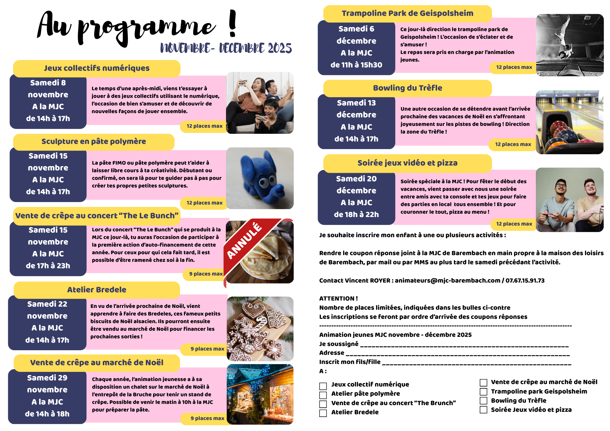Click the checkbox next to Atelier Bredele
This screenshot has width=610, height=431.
click(x=323, y=413)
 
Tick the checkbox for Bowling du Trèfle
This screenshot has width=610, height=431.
click(x=483, y=401)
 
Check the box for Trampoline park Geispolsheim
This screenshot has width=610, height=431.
click(x=483, y=391)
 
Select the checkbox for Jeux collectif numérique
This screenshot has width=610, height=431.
click(x=323, y=386)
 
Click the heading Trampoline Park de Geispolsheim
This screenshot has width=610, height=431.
click(x=407, y=13)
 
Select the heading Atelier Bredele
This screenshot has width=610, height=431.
click(x=97, y=290)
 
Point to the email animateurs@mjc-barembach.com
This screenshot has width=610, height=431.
click(x=447, y=280)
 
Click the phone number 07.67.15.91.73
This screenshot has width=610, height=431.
click(x=525, y=280)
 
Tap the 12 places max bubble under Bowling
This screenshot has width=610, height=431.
click(x=513, y=144)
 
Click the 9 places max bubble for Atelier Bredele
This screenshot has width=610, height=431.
click(x=207, y=349)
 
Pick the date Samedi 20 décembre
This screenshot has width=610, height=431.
click(x=356, y=184)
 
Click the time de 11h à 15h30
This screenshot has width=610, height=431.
click(x=356, y=65)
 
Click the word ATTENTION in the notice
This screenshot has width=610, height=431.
click(x=337, y=298)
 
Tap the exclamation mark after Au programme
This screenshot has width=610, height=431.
click(x=232, y=24)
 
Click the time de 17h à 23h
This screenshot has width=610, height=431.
click(x=48, y=265)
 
